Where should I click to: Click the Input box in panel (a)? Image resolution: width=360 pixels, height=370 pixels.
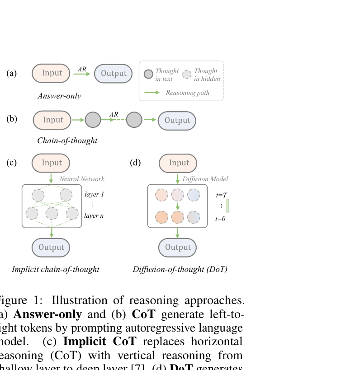[x=51, y=73]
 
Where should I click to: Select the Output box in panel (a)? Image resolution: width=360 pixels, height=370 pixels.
[x=113, y=74]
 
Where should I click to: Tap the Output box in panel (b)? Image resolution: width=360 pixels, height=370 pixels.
[x=177, y=120]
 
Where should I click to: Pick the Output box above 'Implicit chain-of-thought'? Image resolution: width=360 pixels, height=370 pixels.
[x=51, y=247]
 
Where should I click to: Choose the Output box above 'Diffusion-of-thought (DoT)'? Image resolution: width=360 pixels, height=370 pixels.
[x=177, y=247]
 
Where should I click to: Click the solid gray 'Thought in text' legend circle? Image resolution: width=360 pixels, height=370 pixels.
[x=148, y=75]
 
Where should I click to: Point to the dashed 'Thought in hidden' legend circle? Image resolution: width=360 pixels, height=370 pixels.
[x=187, y=75]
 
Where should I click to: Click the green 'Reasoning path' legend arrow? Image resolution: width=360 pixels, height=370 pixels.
[x=152, y=93]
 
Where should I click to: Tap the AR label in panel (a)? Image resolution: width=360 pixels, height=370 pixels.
[x=82, y=69]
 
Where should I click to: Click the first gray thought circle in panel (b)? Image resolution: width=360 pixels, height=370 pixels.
[x=92, y=120]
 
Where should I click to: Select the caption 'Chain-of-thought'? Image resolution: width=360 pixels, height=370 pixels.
[x=67, y=141]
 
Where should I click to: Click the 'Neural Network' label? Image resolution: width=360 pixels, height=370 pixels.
[x=82, y=179]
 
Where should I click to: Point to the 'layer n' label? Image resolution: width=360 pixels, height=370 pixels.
[x=94, y=215]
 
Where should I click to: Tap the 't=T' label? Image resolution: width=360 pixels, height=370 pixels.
[x=221, y=195]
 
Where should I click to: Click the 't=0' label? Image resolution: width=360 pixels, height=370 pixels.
[x=220, y=219]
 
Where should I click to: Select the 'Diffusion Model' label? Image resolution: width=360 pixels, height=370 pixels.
[x=205, y=179]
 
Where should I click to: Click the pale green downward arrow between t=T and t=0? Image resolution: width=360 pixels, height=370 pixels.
[x=227, y=206]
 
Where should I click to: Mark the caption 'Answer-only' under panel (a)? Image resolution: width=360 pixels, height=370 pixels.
[x=59, y=96]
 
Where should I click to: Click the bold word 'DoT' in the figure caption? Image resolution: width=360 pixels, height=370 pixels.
[x=181, y=366]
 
